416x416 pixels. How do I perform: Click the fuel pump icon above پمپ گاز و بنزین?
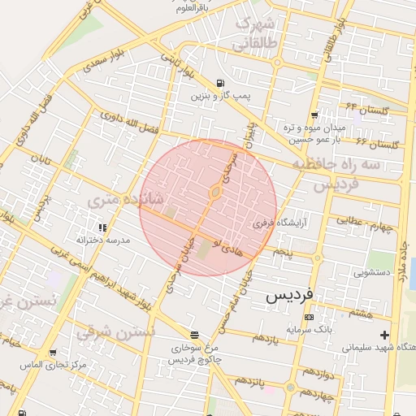(x=221, y=84)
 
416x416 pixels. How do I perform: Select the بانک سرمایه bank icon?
(x=309, y=317)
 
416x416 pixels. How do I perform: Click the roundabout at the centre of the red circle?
(x=215, y=192)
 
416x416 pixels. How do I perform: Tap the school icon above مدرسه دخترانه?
(x=102, y=228)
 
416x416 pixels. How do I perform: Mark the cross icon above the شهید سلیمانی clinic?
(x=383, y=335)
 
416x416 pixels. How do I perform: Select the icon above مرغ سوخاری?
(x=194, y=335)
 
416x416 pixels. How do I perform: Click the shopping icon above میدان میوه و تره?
(x=314, y=115)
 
